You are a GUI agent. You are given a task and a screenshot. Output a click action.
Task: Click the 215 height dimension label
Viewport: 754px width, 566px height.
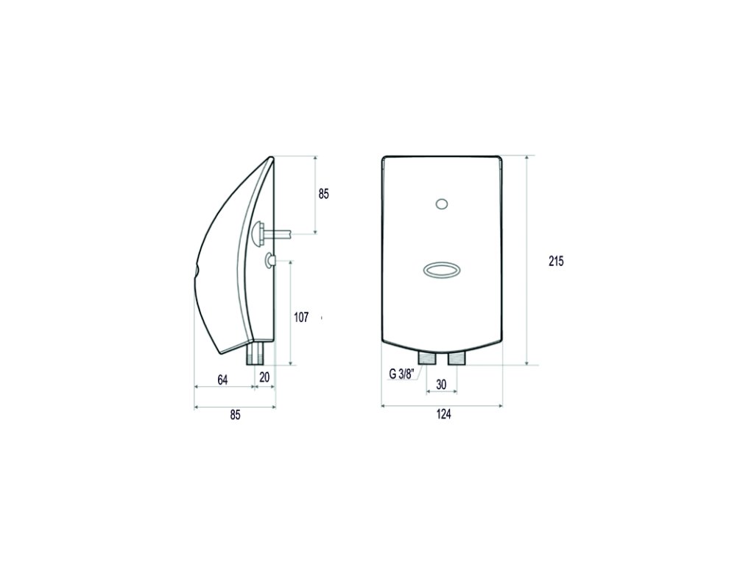click(x=556, y=262)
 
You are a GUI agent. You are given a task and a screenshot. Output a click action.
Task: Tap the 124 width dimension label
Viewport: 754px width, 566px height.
click(x=443, y=414)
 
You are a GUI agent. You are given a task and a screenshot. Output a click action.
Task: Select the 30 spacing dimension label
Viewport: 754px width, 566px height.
click(x=441, y=385)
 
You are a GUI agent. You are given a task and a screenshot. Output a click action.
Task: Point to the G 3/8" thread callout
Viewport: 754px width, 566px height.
click(x=401, y=374)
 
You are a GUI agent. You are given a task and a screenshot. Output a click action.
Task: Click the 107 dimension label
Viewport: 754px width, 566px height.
click(x=301, y=317)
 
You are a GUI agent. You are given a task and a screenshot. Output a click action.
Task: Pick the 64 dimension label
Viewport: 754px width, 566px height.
click(x=222, y=380)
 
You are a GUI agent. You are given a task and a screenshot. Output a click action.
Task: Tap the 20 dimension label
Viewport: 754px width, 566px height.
click(x=264, y=377)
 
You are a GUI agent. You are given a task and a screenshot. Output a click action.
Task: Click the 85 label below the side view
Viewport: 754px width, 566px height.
click(x=235, y=415)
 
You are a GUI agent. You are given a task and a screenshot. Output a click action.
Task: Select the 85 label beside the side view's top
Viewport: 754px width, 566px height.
click(x=324, y=194)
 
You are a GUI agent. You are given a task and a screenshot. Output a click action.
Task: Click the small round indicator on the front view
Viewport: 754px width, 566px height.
click(x=442, y=204)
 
